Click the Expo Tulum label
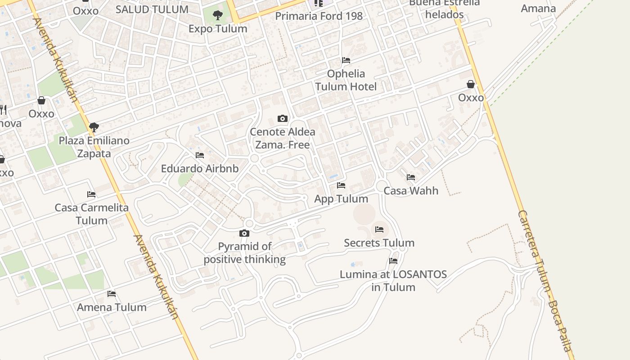pyautogui.click(x=218, y=28)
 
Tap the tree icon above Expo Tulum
pyautogui.click(x=218, y=15)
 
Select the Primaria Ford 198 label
pyautogui.click(x=319, y=16)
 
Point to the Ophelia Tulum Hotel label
pyautogui.click(x=346, y=80)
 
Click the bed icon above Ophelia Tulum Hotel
pyautogui.click(x=346, y=60)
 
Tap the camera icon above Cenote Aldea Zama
pyautogui.click(x=283, y=118)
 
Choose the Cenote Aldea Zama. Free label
pyautogui.click(x=283, y=138)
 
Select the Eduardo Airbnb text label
pyautogui.click(x=200, y=169)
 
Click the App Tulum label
pyautogui.click(x=341, y=198)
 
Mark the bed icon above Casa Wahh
pyautogui.click(x=411, y=177)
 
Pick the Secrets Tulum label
pyautogui.click(x=379, y=243)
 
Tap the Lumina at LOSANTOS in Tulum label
pyautogui.click(x=393, y=280)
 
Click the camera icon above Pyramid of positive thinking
pyautogui.click(x=244, y=233)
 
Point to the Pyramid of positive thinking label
pyautogui.click(x=245, y=253)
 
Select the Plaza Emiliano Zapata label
pyautogui.click(x=94, y=147)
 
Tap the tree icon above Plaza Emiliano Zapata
pyautogui.click(x=94, y=127)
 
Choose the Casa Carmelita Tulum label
pyautogui.click(x=91, y=214)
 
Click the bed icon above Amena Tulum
pyautogui.click(x=112, y=294)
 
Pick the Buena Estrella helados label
pyautogui.click(x=444, y=9)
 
